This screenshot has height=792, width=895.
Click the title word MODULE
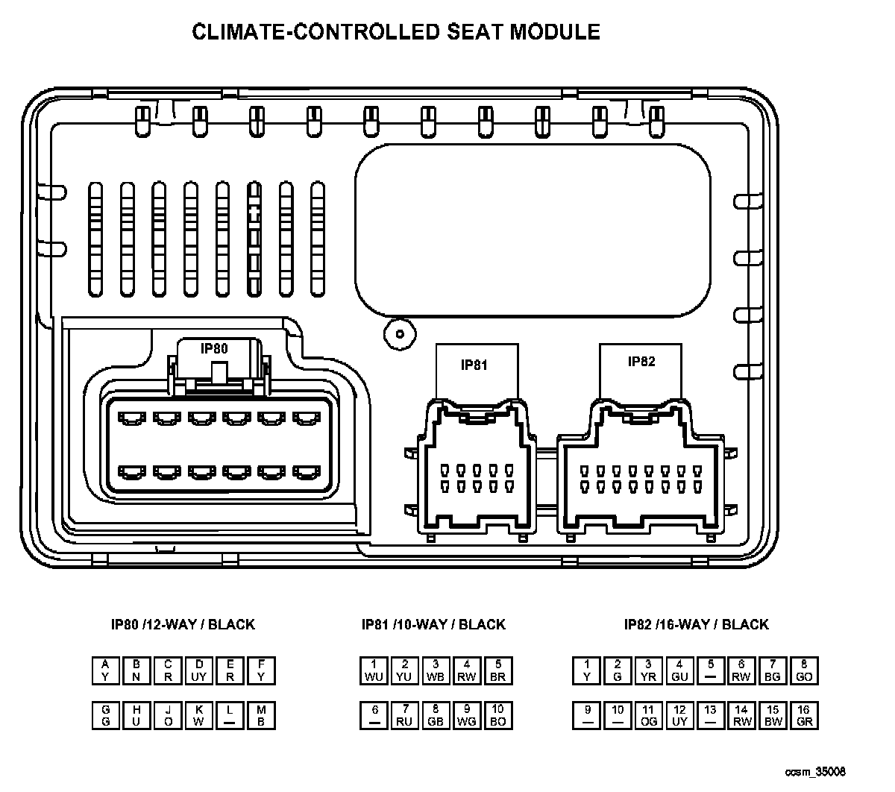pyautogui.click(x=554, y=31)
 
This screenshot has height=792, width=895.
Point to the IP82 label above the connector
pyautogui.click(x=641, y=362)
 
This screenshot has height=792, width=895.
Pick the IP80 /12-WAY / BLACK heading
pyautogui.click(x=183, y=624)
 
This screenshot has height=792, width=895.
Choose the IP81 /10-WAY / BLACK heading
pyautogui.click(x=433, y=624)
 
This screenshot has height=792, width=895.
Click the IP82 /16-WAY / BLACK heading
pyautogui.click(x=696, y=624)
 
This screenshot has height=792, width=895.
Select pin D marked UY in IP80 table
pyautogui.click(x=199, y=670)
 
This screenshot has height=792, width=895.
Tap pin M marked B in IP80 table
pyautogui.click(x=261, y=716)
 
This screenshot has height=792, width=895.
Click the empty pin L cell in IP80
pyautogui.click(x=230, y=716)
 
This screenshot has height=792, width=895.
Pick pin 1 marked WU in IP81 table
pyautogui.click(x=374, y=670)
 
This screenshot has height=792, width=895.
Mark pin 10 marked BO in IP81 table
pyautogui.click(x=497, y=716)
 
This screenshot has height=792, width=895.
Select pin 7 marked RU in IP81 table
pyautogui.click(x=405, y=716)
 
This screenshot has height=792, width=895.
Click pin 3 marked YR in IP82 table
pyautogui.click(x=649, y=670)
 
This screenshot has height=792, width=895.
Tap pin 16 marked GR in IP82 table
pyautogui.click(x=804, y=716)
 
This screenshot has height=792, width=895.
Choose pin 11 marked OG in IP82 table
pyautogui.click(x=649, y=716)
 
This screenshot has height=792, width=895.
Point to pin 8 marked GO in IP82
pyautogui.click(x=804, y=670)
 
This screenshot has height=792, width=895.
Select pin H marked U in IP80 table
pyautogui.click(x=136, y=716)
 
